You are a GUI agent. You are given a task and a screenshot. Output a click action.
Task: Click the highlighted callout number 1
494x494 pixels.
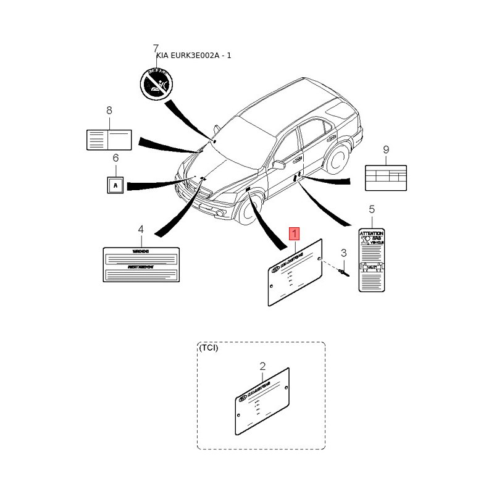[295, 234]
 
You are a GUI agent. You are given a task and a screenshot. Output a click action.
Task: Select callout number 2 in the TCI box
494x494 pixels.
[262, 366]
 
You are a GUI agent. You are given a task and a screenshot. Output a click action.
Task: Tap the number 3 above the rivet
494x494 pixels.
[344, 253]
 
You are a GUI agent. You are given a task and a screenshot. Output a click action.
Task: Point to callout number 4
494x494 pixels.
[141, 229]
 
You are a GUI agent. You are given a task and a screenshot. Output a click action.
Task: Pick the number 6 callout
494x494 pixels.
[115, 158]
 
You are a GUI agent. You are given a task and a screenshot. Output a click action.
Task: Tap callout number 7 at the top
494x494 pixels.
[156, 48]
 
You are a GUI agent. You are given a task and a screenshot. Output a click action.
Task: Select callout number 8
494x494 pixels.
[109, 111]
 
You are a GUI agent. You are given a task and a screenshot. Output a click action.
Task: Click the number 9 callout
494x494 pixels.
[386, 149]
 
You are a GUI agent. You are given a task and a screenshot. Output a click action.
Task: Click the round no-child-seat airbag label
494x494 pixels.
[154, 83]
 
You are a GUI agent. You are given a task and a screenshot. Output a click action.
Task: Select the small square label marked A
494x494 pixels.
[115, 184]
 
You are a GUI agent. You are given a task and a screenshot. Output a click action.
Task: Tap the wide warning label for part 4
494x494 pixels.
[141, 264]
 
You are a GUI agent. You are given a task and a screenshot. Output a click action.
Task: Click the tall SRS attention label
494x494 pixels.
[372, 260]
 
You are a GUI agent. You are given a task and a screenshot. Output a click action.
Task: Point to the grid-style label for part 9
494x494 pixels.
[386, 177]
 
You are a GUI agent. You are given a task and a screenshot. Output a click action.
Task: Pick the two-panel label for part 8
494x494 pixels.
[109, 139]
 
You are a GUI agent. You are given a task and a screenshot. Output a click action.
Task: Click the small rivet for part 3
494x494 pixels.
[343, 271]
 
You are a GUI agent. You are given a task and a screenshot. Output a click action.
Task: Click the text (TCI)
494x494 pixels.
[208, 348]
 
